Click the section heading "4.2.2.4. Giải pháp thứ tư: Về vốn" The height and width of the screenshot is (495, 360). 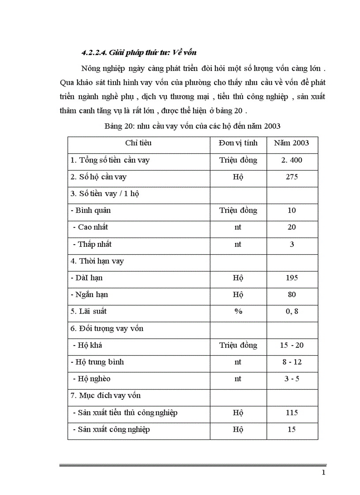click(x=139, y=53)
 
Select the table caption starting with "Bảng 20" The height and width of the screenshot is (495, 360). click(x=193, y=126)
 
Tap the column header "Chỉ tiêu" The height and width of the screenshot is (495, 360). click(x=138, y=143)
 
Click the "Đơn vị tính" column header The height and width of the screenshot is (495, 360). click(x=238, y=143)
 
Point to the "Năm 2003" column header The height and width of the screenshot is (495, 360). click(x=291, y=143)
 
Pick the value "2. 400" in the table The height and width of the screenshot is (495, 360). click(x=292, y=160)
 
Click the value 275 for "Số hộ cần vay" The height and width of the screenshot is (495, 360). click(x=292, y=177)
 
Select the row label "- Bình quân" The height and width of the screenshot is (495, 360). click(x=90, y=210)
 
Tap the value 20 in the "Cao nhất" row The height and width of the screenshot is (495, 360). click(x=292, y=227)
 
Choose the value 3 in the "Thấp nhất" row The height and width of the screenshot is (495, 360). click(x=292, y=244)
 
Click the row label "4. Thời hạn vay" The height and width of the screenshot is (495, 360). click(x=97, y=261)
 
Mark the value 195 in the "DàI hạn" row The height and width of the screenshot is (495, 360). click(x=292, y=278)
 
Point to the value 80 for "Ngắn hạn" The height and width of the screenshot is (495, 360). click(x=292, y=294)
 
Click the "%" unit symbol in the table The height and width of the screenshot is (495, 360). click(x=238, y=311)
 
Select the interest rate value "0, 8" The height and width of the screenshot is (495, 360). click(x=292, y=311)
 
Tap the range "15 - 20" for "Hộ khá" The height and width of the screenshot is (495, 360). click(x=292, y=345)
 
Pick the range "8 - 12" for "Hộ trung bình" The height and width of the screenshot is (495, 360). click(x=292, y=362)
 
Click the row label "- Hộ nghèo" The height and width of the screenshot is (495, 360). click(x=91, y=379)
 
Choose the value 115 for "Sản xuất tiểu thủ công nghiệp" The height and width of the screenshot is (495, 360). click(x=292, y=413)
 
